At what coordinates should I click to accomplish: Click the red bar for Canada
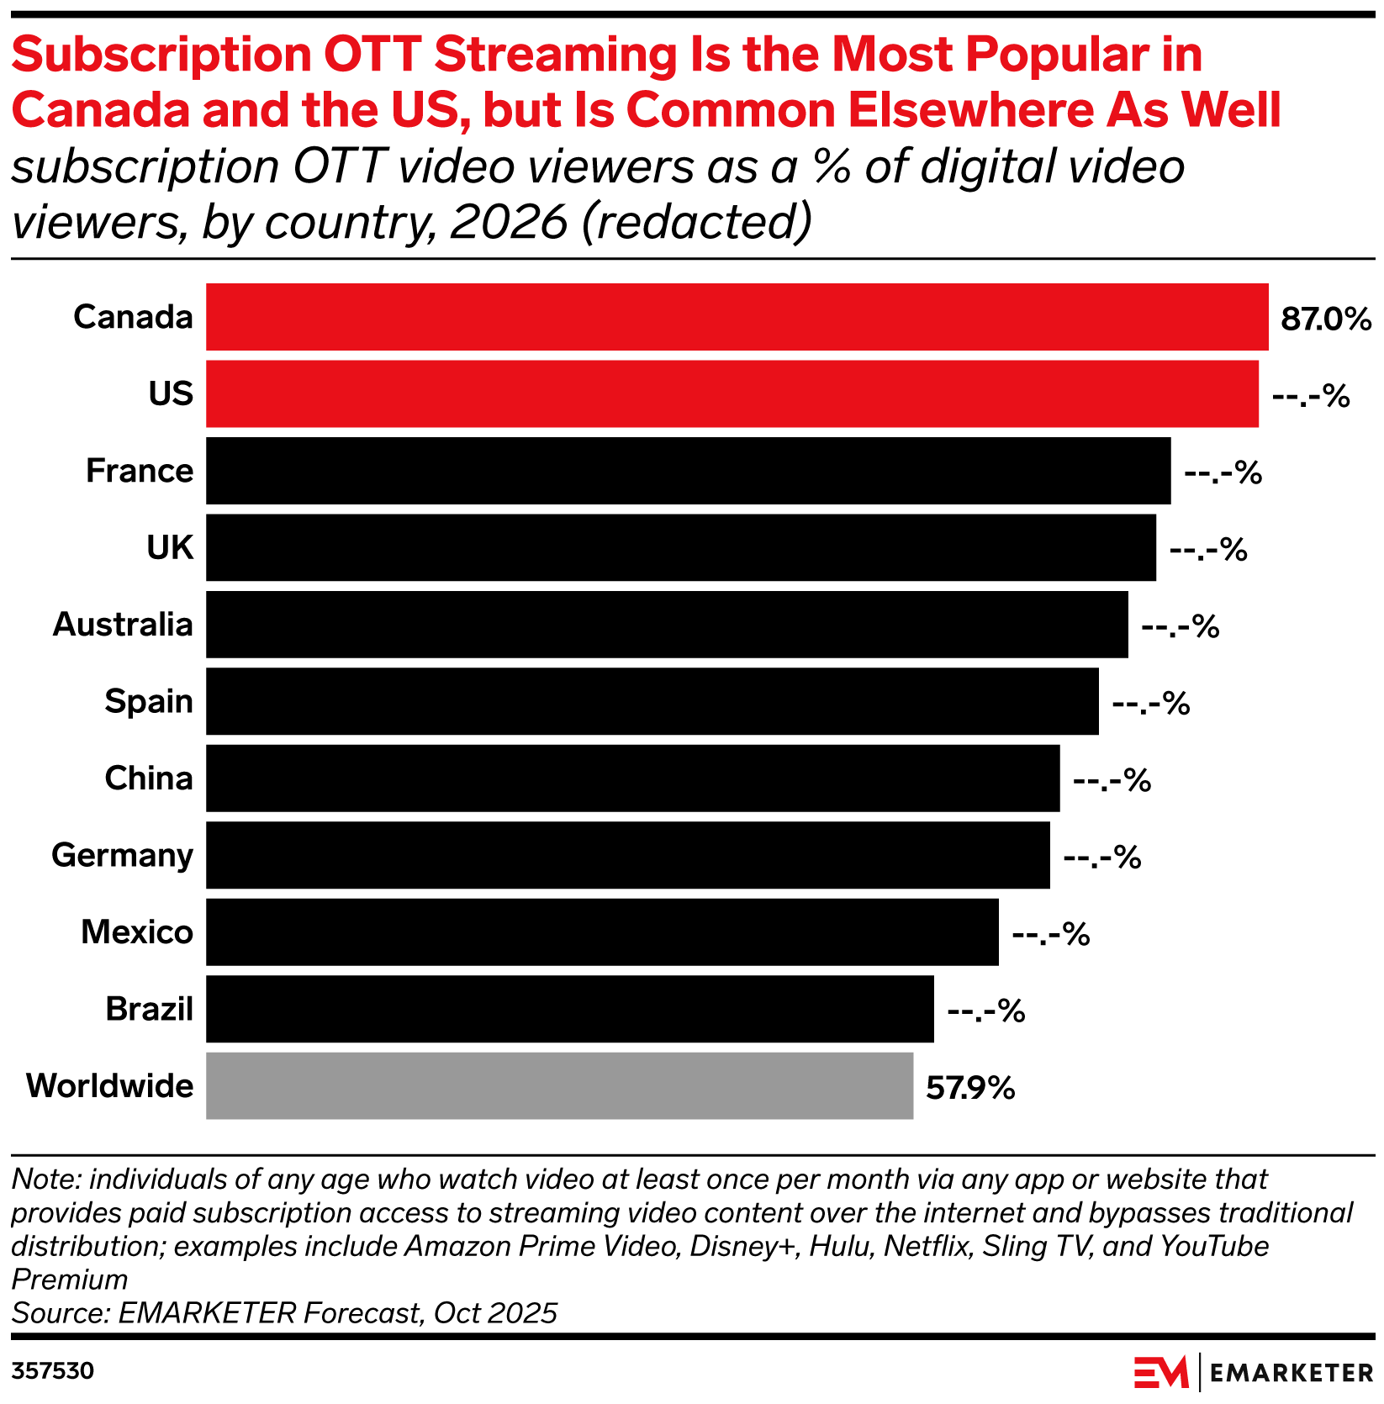(x=737, y=316)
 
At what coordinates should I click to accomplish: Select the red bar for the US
(x=732, y=393)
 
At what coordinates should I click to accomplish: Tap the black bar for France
(x=688, y=471)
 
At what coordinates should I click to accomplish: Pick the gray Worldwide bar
(x=559, y=1085)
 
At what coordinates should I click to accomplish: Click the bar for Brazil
(x=569, y=1009)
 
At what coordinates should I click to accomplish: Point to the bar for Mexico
(x=602, y=932)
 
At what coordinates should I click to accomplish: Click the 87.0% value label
(x=1326, y=319)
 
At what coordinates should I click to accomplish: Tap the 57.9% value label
(x=970, y=1089)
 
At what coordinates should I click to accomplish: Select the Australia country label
(x=123, y=625)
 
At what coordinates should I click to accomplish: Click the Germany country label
(x=123, y=855)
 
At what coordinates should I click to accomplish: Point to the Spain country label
(x=149, y=701)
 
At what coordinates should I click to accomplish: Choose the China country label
(x=149, y=779)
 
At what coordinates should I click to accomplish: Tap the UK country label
(x=170, y=547)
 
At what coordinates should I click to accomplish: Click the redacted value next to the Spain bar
(x=1151, y=704)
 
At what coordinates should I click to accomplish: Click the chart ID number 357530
(x=52, y=1371)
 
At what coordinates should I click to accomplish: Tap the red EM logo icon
(x=1160, y=1372)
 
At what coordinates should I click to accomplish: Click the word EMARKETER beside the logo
(x=1291, y=1373)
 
